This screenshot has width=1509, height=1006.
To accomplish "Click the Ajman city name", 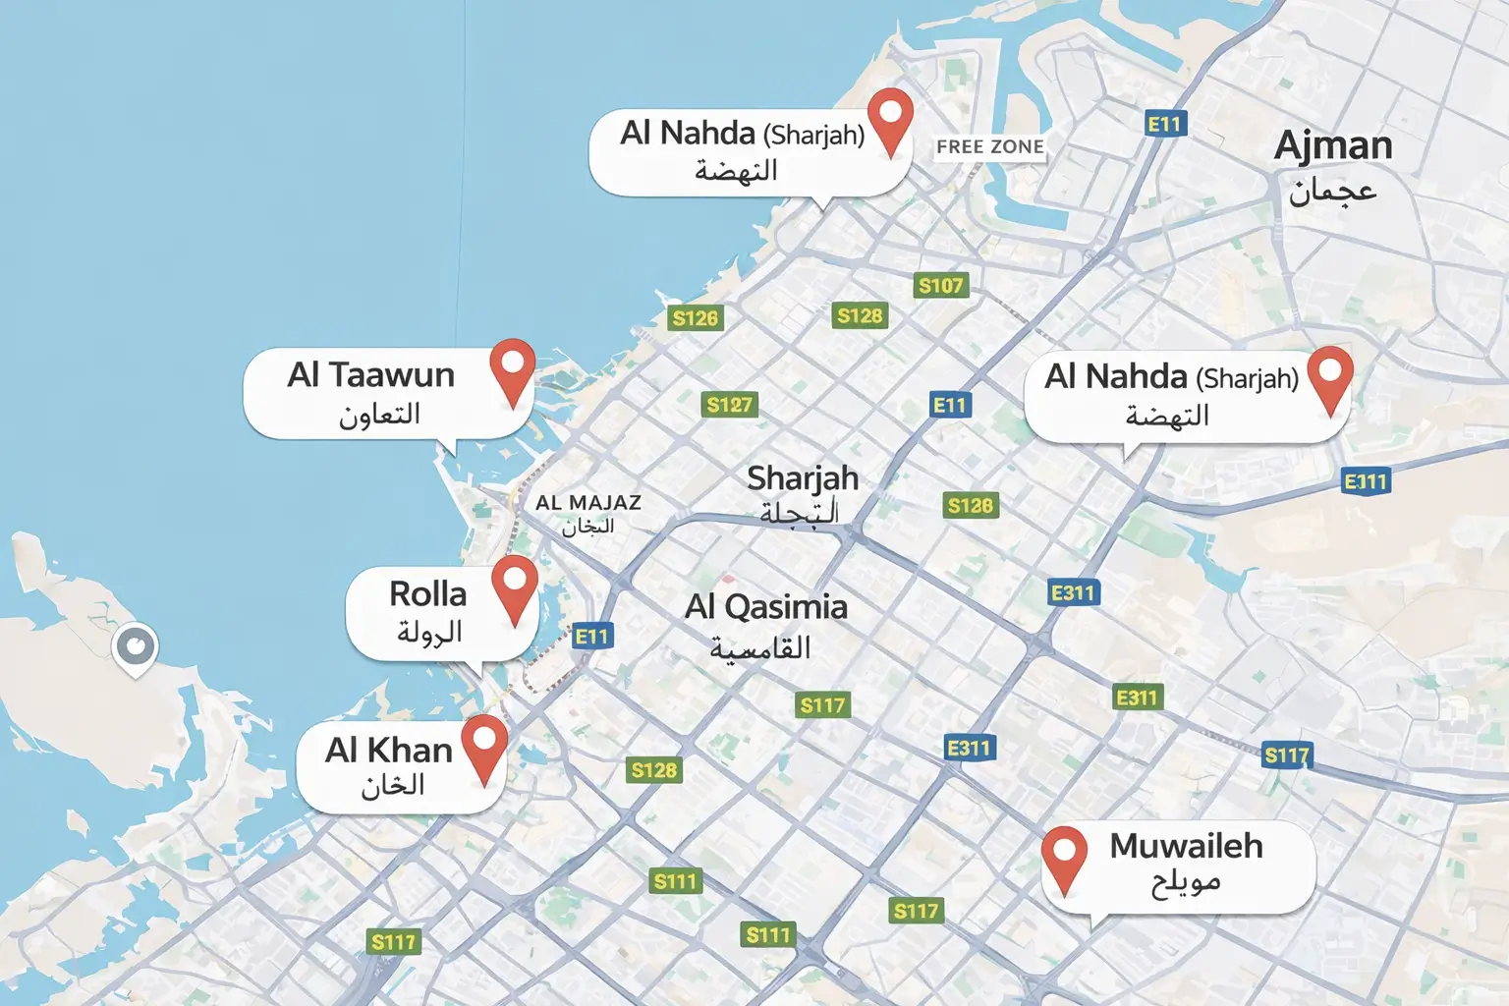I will tap(1333, 146).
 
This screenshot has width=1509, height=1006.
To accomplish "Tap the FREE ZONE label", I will tap(989, 147).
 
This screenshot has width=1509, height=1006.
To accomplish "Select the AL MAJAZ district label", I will tap(587, 502).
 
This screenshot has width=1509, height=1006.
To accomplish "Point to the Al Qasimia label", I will tap(766, 607).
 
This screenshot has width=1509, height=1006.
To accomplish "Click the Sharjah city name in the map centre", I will tap(803, 478).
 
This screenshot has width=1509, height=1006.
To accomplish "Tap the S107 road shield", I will tap(941, 286).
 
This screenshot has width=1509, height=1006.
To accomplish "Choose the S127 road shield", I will tap(729, 405).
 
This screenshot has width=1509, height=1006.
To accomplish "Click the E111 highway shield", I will tap(1366, 481).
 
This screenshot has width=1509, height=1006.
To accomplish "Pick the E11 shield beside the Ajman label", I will tap(1166, 124).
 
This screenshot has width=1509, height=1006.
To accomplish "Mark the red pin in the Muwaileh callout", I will tap(1065, 854).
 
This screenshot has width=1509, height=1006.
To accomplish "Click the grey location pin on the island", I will tap(135, 647).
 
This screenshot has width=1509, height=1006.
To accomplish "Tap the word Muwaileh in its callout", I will tap(1186, 846).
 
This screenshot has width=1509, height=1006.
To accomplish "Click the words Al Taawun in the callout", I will tap(370, 375).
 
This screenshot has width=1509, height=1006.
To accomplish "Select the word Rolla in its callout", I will tap(427, 594).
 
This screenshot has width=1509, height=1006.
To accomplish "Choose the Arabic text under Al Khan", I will tap(393, 786).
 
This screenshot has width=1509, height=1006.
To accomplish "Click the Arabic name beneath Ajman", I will tap(1333, 191).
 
